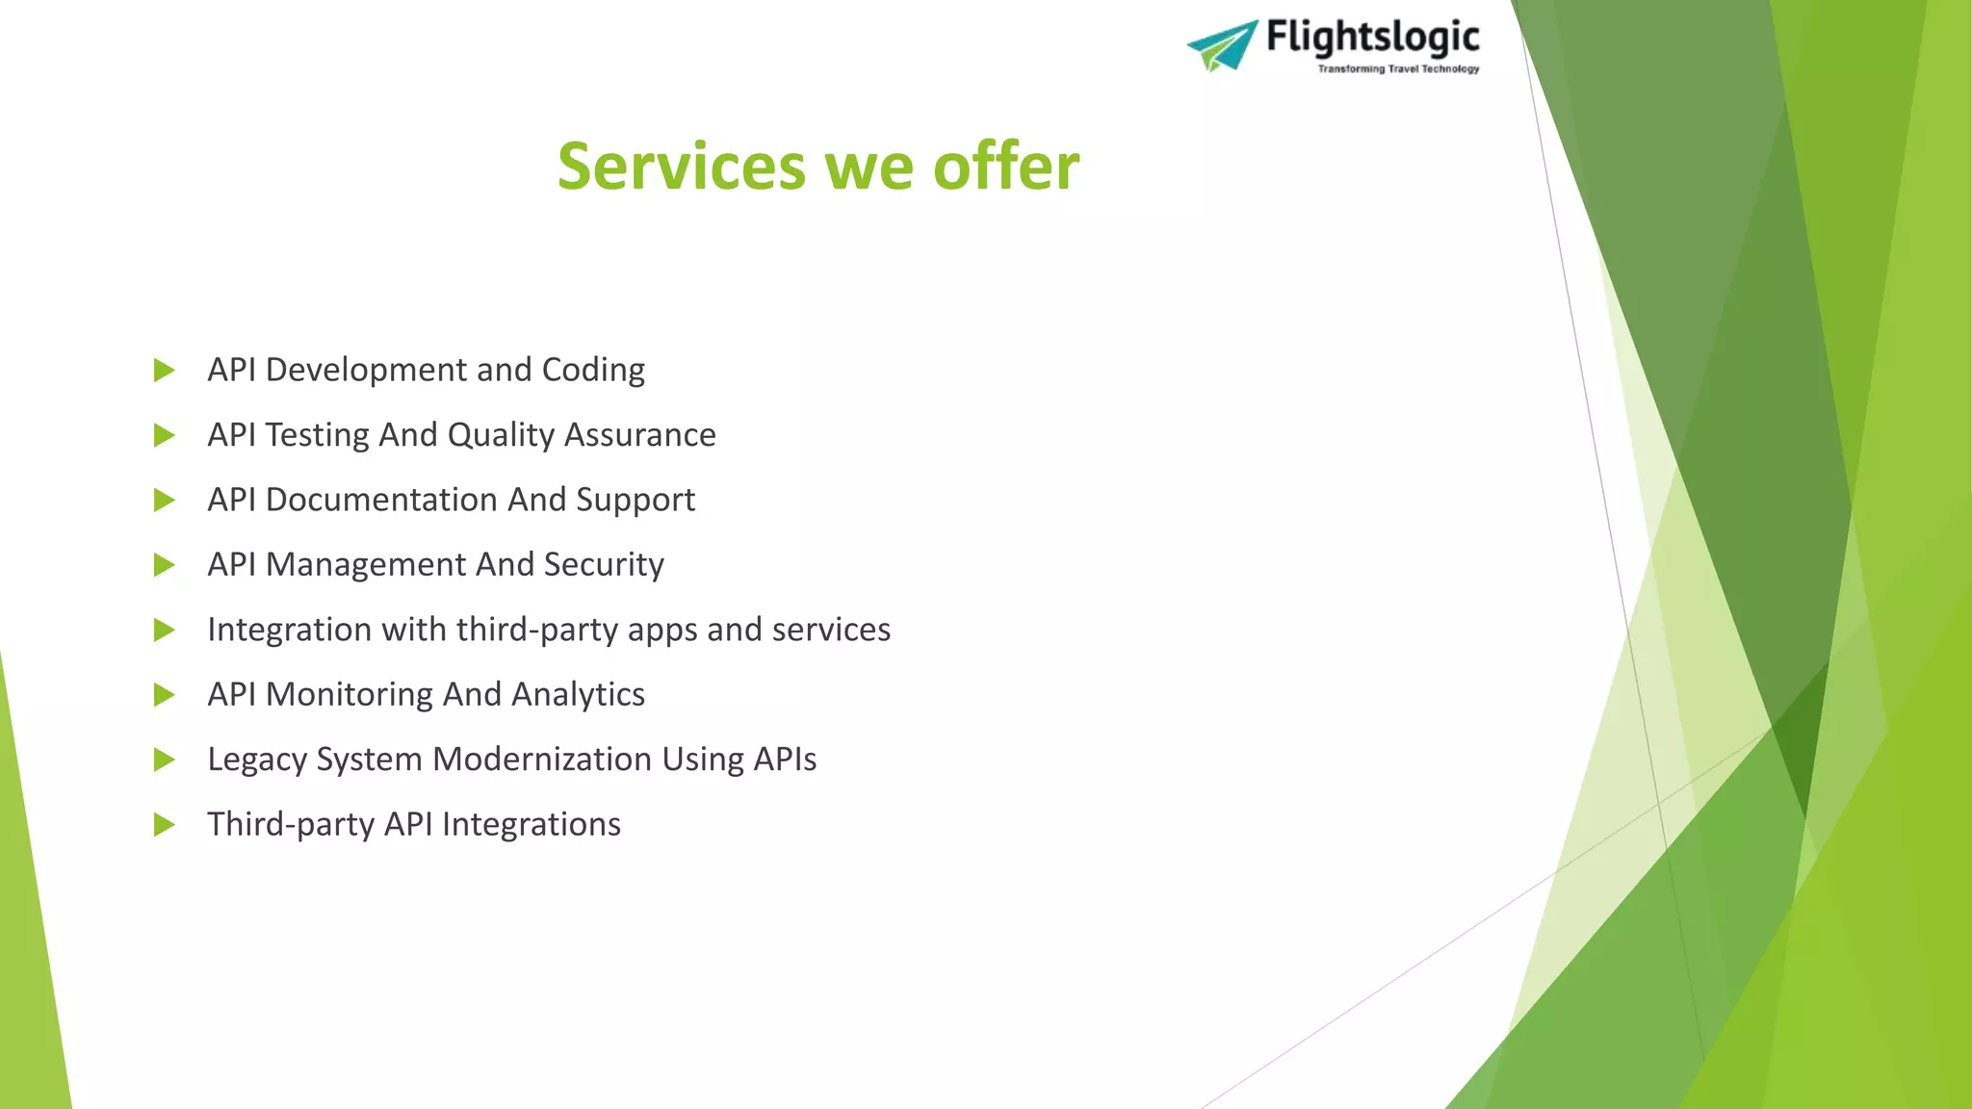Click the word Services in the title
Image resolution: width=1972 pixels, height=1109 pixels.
click(682, 167)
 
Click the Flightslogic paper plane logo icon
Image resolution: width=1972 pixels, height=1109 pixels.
click(1222, 44)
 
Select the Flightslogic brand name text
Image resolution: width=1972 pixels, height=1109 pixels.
click(1372, 38)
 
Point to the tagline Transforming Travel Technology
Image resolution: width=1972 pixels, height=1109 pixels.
click(1398, 69)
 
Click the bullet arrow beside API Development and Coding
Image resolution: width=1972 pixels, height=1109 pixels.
click(165, 371)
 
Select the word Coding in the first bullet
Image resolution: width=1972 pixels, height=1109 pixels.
click(593, 371)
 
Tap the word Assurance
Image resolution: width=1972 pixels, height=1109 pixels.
click(639, 435)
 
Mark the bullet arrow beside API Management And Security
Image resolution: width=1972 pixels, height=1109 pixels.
click(165, 565)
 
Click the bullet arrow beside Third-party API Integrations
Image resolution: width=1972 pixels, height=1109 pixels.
click(165, 825)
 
